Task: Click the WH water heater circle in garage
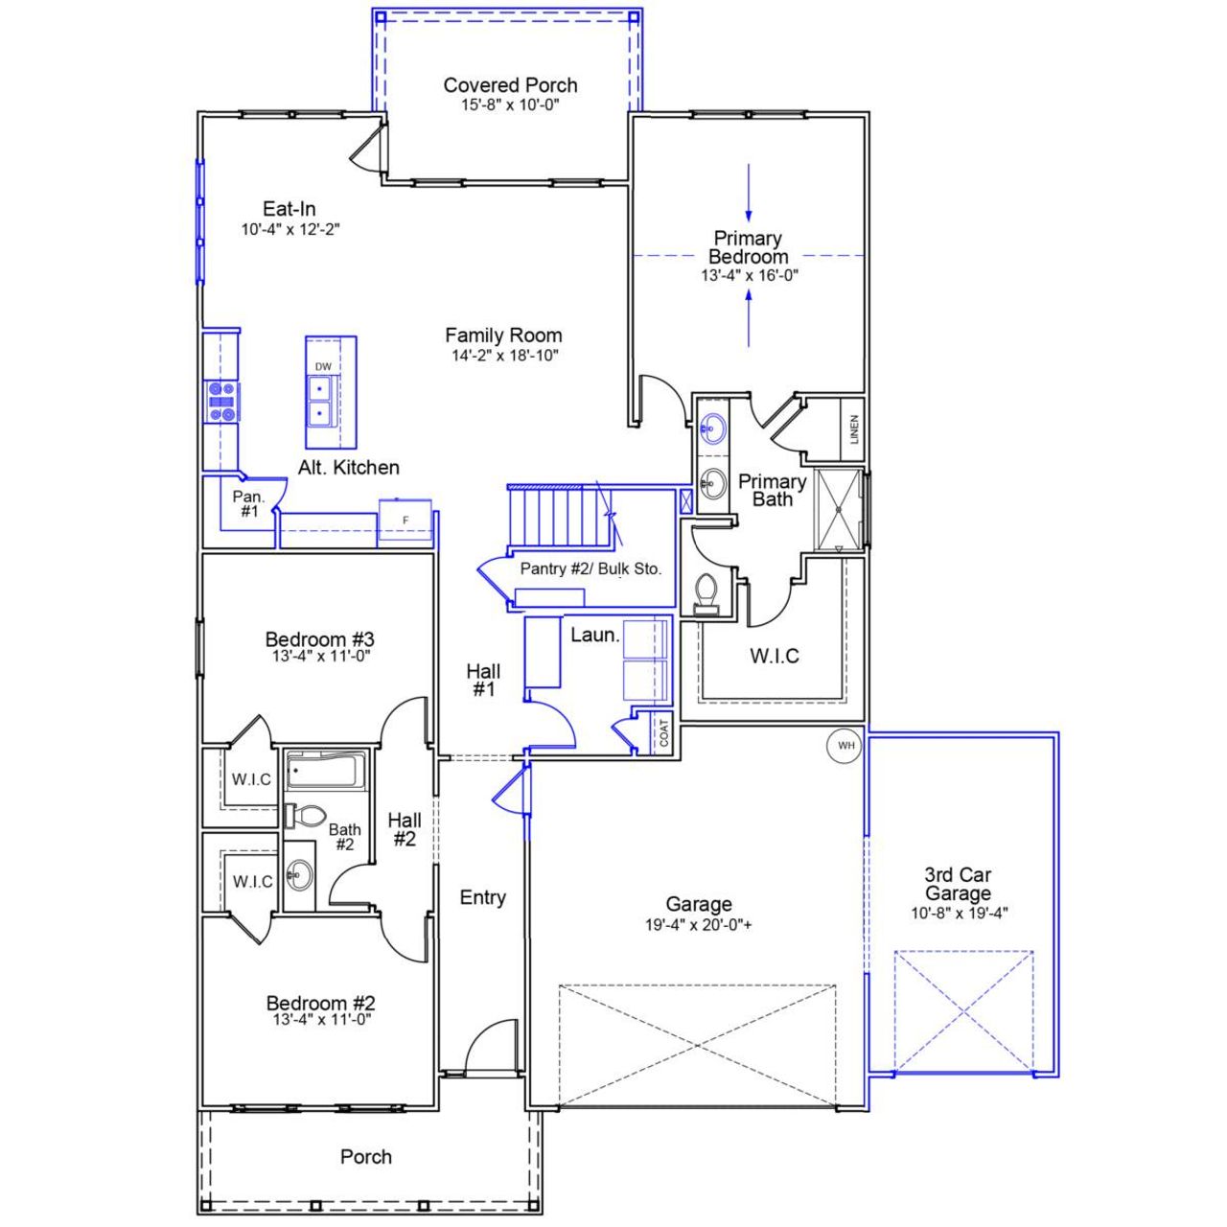tap(845, 746)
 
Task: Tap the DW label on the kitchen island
tap(323, 367)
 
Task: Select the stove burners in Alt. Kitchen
tap(222, 402)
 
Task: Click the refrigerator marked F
tap(405, 521)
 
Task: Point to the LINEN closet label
tap(854, 428)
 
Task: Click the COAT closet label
tap(664, 733)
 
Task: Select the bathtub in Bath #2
tap(326, 771)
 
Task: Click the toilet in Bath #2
tap(306, 816)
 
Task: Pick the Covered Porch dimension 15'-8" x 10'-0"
tap(510, 104)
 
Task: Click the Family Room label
tap(503, 336)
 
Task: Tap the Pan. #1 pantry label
tap(249, 504)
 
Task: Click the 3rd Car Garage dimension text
tap(959, 914)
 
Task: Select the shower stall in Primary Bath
tap(839, 510)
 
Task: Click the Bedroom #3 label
tap(320, 639)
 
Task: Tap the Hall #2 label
tap(404, 829)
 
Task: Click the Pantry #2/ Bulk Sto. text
tap(590, 568)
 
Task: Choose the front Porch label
tap(366, 1157)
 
